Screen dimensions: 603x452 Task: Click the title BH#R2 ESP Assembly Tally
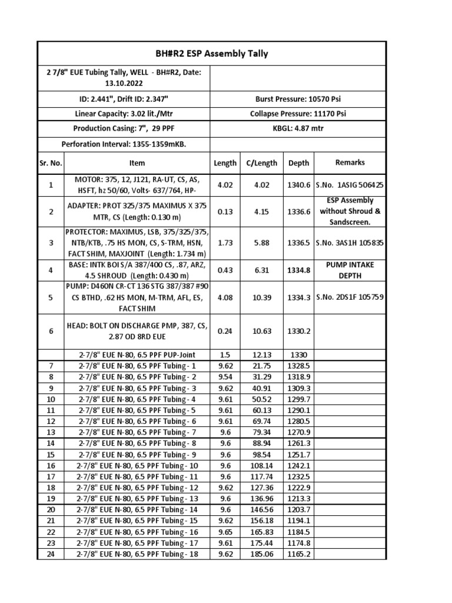211,54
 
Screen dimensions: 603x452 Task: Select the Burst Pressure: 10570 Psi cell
298,99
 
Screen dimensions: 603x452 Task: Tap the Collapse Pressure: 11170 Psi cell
298,114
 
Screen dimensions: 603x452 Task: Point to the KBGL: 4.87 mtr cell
298,128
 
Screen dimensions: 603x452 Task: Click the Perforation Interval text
124,144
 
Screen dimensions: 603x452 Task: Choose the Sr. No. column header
51,163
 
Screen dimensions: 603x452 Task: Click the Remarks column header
350,163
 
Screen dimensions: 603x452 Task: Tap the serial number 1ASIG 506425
350,185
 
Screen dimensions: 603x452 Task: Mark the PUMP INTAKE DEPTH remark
350,270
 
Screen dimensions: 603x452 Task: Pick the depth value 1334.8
298,270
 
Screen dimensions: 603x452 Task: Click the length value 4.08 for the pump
225,298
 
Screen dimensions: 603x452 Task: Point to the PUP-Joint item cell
137,355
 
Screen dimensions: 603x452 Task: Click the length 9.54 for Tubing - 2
225,377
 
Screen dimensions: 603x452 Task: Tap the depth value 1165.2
298,554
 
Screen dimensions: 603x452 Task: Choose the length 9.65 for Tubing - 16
225,532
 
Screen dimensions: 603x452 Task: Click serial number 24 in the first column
51,554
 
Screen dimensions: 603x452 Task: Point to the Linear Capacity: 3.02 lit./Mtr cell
124,114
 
